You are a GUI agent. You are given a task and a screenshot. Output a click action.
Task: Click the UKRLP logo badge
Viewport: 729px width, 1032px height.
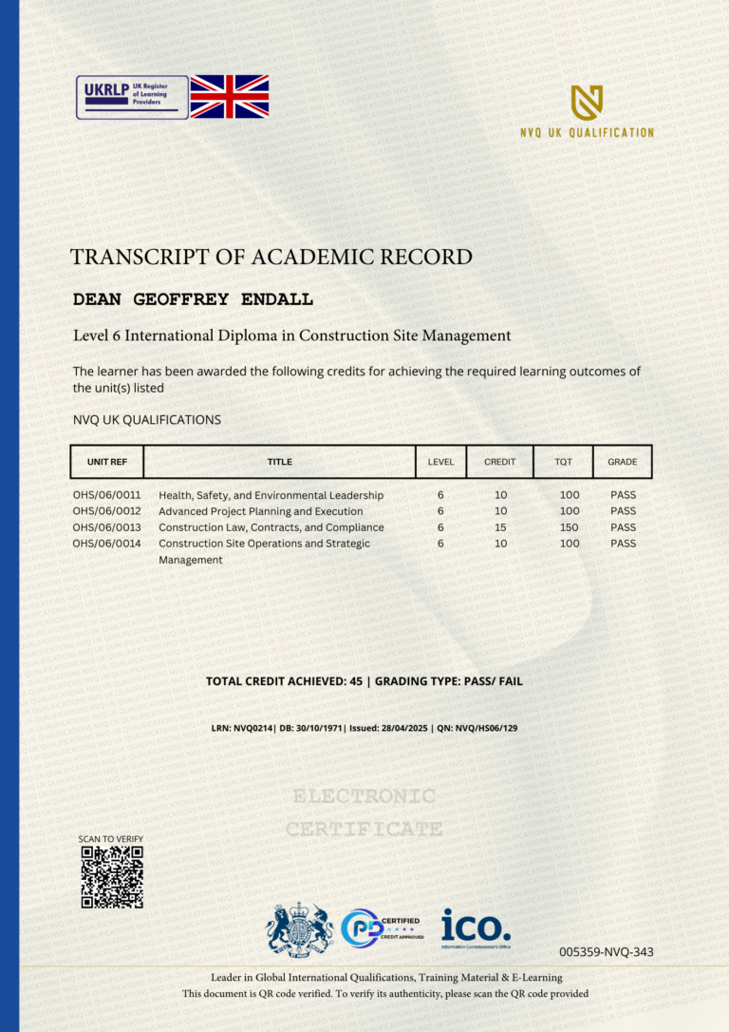pos(132,97)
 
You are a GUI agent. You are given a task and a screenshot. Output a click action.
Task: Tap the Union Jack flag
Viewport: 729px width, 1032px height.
pos(230,97)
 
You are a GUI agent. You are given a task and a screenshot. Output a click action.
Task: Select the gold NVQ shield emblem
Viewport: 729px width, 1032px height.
pos(587,102)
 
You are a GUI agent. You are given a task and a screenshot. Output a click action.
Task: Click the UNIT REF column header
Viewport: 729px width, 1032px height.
pos(106,462)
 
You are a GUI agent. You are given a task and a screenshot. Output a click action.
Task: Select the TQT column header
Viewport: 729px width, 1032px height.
pos(563,462)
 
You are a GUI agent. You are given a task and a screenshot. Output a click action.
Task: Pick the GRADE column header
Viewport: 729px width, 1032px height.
pos(623,462)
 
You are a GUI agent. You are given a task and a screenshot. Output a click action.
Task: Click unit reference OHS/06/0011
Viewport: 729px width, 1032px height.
pos(106,495)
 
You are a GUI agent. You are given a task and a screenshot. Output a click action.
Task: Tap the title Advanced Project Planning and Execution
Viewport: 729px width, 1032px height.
pos(260,511)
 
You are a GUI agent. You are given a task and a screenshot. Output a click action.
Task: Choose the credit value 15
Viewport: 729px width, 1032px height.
pos(500,527)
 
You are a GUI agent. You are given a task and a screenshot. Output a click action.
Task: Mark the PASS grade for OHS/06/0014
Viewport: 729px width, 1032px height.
pos(623,544)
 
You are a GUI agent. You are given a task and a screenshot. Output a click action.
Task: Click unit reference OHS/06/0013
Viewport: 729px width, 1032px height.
pos(106,527)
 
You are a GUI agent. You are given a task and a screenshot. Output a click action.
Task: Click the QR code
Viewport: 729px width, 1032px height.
pos(112,877)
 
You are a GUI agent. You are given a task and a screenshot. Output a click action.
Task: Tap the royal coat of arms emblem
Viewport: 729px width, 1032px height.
pos(299,928)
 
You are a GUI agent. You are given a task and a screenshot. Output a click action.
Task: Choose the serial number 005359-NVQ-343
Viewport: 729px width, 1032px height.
pos(607,952)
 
